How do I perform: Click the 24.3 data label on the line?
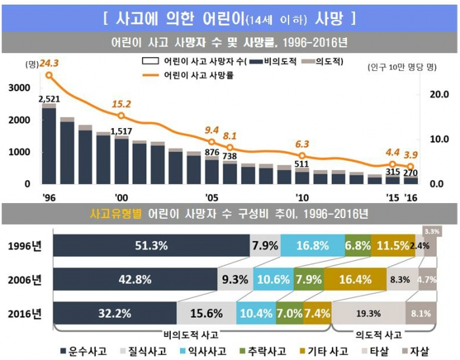(x=49, y=64)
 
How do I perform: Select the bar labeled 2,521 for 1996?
(x=49, y=145)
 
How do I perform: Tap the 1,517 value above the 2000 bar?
(x=122, y=130)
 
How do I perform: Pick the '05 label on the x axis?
(x=212, y=196)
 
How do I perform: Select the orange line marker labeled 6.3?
(x=302, y=156)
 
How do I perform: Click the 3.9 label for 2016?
(x=411, y=154)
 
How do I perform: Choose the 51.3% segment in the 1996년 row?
(x=151, y=245)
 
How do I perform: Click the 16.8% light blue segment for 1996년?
(x=312, y=245)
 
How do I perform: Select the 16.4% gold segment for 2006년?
(x=355, y=279)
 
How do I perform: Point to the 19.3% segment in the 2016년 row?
(x=369, y=313)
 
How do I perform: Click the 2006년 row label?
(x=26, y=279)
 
